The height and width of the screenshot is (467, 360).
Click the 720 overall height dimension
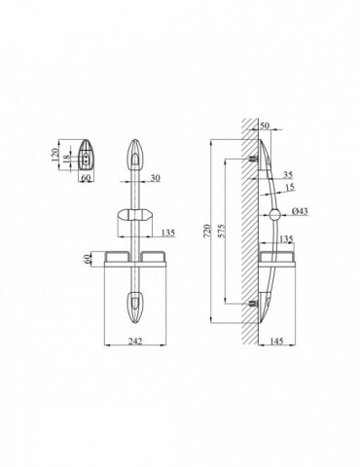206,231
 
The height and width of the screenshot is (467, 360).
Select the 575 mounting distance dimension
221,231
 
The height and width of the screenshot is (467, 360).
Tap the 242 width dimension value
135,341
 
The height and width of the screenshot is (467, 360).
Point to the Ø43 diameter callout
300,211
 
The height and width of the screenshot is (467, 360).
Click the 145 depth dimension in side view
276,341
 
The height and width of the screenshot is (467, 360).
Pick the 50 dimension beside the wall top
265,126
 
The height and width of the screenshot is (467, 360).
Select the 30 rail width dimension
156,178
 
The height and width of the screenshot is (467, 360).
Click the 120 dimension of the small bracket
54,155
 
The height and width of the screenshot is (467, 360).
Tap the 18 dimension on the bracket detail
66,159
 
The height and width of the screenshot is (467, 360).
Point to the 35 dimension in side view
288,175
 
